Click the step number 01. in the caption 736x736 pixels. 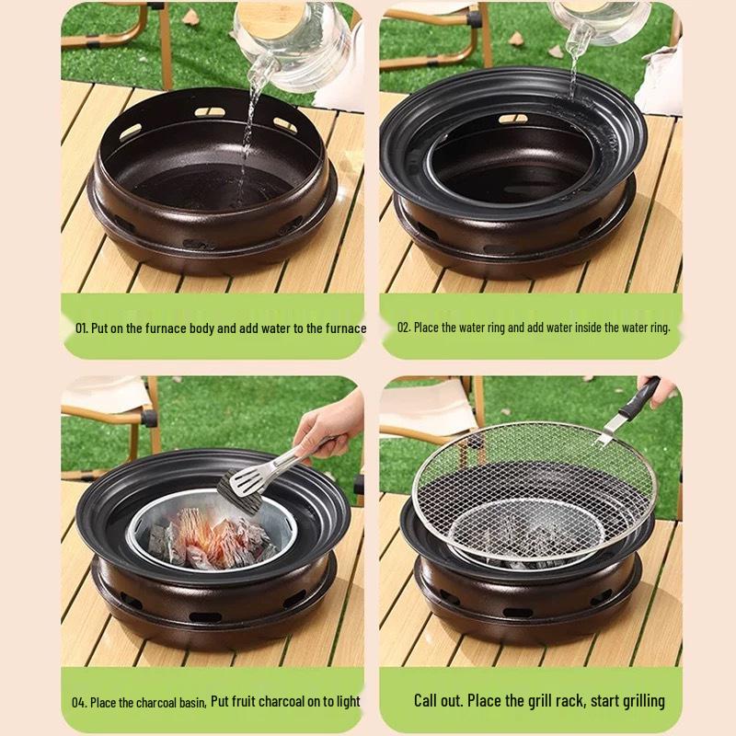click(82, 328)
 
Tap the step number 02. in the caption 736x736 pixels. click(403, 328)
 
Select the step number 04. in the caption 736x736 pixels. click(79, 702)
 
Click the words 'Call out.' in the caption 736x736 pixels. click(438, 701)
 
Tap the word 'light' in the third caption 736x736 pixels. click(348, 702)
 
